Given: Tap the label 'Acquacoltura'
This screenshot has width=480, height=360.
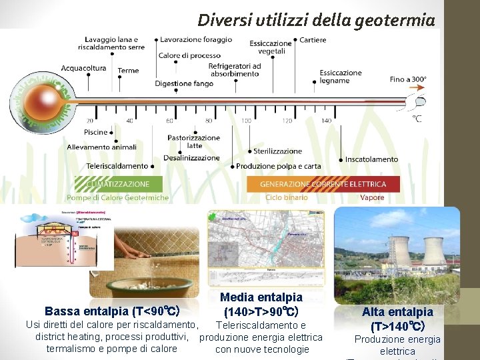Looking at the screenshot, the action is pos(83,68).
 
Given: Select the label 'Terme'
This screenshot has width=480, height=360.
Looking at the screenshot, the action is pos(128,71).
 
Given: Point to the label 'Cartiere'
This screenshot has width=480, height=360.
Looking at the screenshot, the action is pos(313,40).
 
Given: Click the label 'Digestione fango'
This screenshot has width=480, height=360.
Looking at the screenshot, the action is pos(184,84).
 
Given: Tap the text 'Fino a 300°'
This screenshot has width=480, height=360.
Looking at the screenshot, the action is pos(407,79).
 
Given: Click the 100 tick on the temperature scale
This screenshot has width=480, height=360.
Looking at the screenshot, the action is pos(246,121).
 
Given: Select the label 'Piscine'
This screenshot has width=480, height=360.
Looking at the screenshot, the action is pos(96,133).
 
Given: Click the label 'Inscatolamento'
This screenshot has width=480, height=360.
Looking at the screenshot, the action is pos(371,159).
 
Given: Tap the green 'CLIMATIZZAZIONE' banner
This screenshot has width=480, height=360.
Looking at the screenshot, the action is pos(117,183).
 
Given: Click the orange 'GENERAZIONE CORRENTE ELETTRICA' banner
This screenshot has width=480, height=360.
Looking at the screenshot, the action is pos(323,184).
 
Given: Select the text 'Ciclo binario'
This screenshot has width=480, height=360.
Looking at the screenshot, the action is pos(286,197).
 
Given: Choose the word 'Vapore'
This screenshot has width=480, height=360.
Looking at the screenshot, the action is pos(371,197).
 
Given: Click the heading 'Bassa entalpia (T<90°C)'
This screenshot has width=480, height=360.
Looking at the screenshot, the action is pos(112,311).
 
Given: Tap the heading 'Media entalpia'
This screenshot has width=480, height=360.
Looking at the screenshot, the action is pos(261,297).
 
